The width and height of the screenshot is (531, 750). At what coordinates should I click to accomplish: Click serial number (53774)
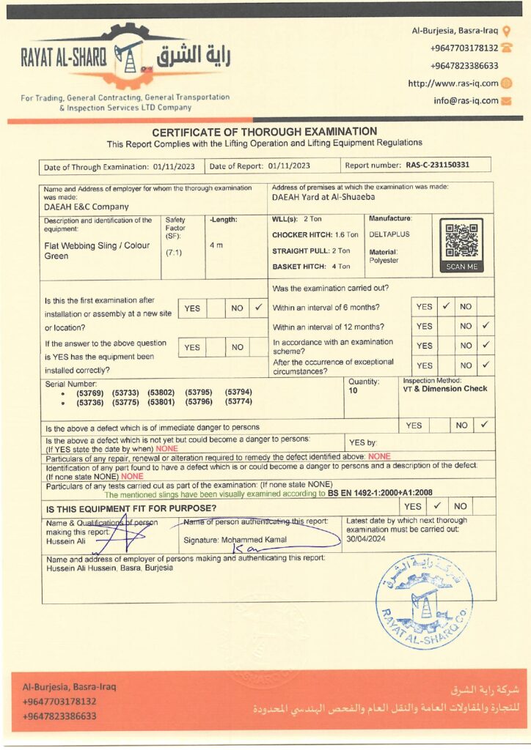pos(238,402)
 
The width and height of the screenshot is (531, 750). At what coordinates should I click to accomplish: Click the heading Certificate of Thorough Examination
pos(264,132)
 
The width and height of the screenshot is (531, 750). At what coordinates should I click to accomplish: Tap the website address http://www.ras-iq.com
pos(453,83)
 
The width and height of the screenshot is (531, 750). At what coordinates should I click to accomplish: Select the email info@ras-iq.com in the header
pos(465,101)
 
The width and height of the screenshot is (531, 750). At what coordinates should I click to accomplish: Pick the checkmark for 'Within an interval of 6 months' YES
pos(444,306)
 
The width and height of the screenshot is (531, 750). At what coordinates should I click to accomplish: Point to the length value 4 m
pos(216,245)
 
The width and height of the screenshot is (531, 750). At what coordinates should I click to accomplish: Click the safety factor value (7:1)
pos(175,252)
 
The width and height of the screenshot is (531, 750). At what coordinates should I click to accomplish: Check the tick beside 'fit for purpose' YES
pos(437,505)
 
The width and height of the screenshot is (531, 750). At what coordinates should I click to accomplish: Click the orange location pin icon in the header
pos(507,31)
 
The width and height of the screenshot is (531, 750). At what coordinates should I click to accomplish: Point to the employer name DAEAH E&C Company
pos(86,207)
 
